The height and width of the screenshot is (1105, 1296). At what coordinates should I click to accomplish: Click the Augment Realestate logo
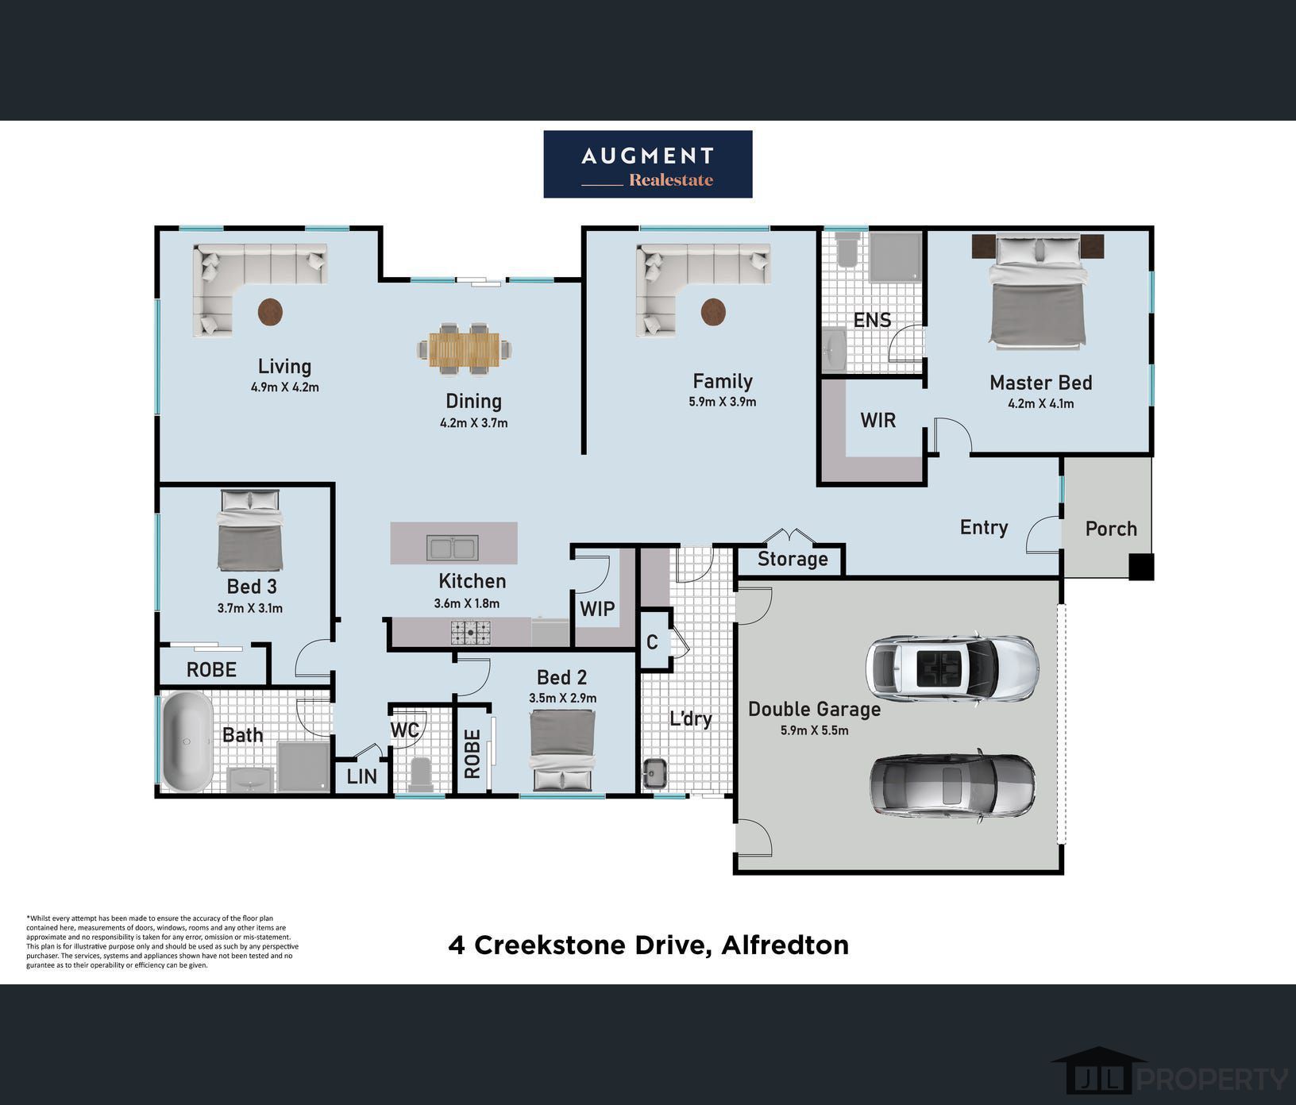648,164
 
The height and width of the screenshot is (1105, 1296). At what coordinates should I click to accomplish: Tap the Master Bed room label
1040,383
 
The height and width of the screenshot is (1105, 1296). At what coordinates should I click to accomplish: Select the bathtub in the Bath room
187,741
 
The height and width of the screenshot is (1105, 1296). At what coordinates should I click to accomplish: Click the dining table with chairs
465,348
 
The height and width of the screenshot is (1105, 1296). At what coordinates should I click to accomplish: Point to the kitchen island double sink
452,548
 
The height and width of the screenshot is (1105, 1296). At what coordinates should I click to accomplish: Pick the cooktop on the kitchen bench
471,632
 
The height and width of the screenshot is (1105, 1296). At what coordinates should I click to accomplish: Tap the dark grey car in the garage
953,785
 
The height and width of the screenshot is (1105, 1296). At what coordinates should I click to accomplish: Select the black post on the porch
1142,567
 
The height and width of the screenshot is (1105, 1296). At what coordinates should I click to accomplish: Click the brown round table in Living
270,312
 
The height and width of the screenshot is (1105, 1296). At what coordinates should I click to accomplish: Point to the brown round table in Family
713,312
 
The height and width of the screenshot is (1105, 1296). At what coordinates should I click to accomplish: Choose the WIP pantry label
597,609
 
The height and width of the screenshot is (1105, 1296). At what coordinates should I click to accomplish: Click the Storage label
793,559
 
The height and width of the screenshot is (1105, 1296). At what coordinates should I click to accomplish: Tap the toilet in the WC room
421,774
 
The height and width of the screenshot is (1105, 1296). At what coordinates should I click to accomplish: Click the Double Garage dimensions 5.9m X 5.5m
814,730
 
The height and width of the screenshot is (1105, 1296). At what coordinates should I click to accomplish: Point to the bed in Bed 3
250,529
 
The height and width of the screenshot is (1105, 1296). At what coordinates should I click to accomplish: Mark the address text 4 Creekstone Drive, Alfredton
649,945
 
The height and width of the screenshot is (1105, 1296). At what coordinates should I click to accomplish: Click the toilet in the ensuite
848,248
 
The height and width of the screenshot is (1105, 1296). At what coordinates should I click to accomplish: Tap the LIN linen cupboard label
362,776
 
